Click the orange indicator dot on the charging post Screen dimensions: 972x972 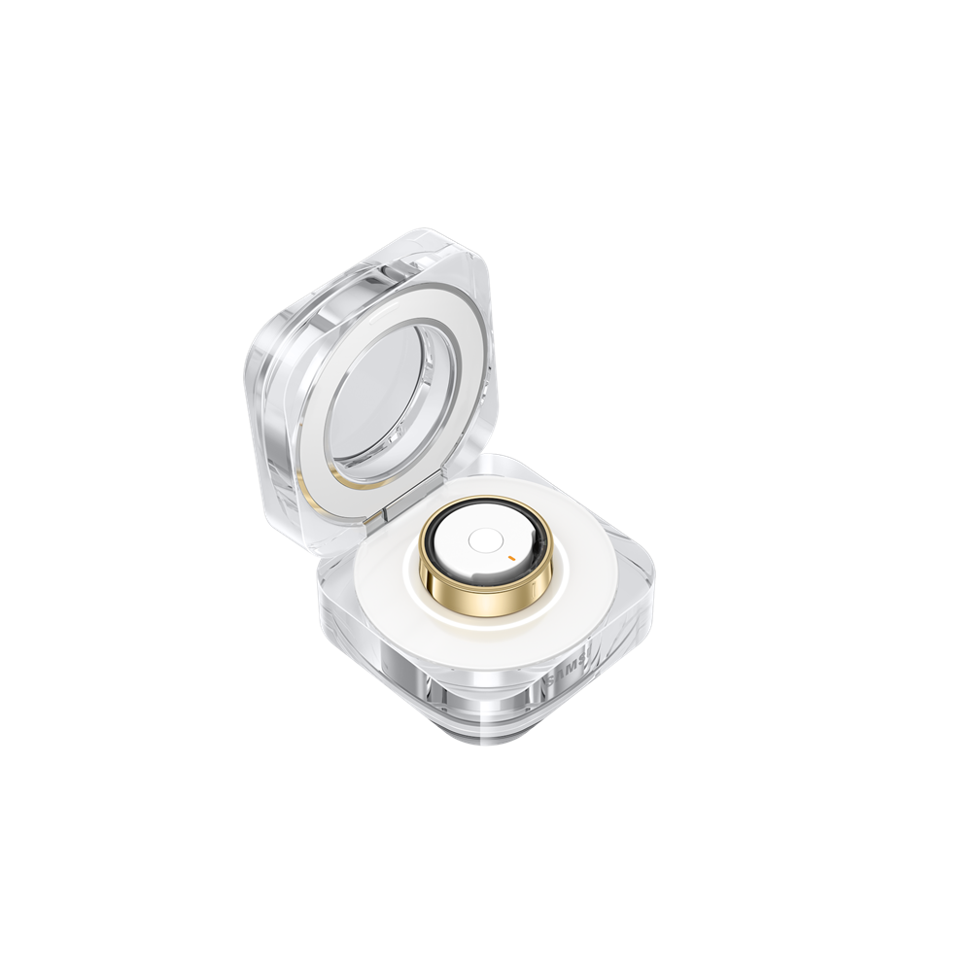[x=509, y=557]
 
